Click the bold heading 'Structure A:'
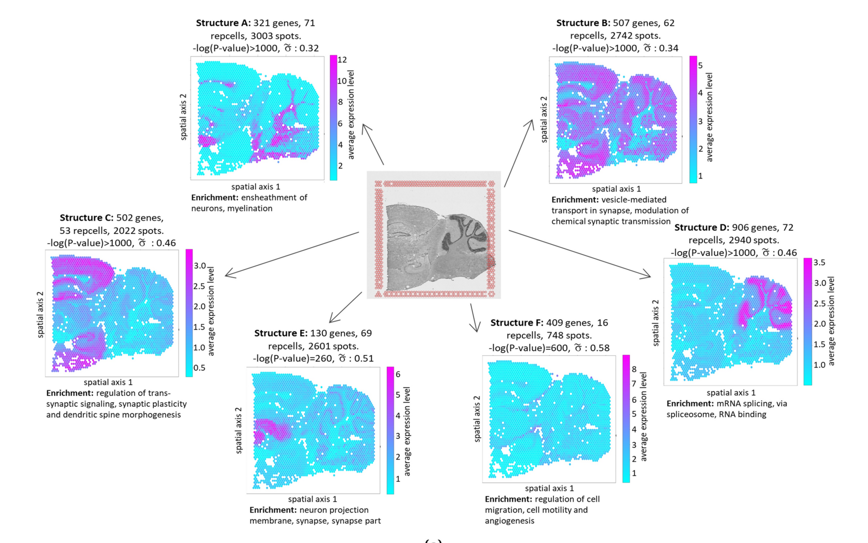coord(223,23)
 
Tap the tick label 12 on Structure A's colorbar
coord(342,60)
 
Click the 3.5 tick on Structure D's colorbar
coord(819,262)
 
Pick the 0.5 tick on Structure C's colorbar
coord(199,368)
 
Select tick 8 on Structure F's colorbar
coord(634,369)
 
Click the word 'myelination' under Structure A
coord(250,208)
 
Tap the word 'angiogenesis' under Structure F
coord(510,521)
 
